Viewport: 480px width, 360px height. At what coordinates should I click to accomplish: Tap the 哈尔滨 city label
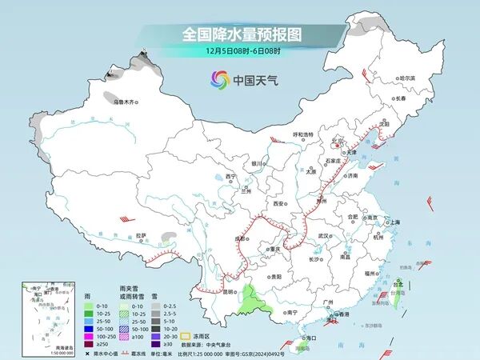point(408,78)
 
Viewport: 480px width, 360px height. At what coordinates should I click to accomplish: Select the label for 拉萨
point(142,235)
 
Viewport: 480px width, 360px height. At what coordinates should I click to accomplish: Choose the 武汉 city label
point(324,236)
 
